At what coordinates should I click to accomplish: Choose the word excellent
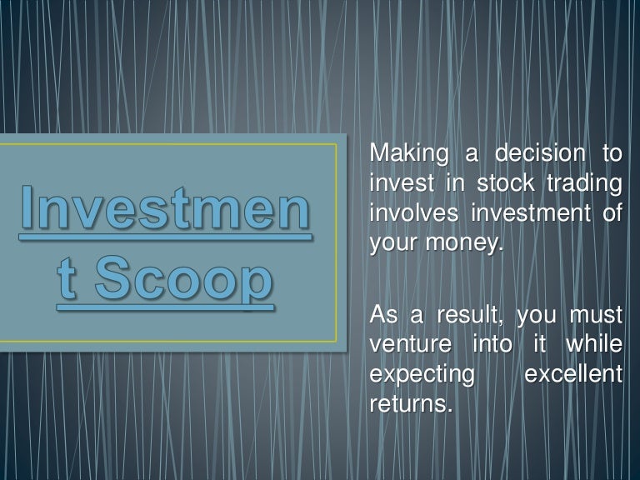[x=573, y=374]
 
